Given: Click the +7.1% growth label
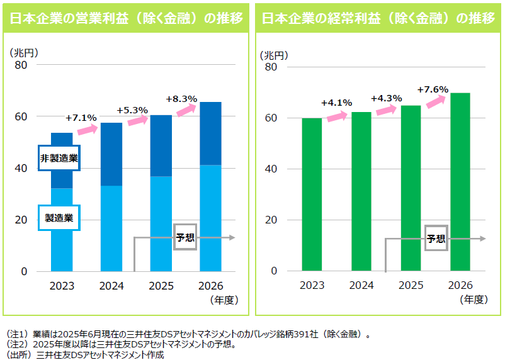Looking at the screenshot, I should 81,117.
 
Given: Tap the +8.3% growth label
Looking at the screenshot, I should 181,99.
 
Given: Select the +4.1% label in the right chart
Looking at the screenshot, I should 336,103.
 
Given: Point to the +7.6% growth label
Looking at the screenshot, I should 433,89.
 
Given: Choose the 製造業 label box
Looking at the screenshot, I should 59,218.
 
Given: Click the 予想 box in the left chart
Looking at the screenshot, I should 184,237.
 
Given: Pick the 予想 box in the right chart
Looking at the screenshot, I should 436,239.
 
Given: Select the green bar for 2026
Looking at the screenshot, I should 460,182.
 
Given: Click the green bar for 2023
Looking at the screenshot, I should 312,194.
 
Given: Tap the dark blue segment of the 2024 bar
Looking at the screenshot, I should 111,154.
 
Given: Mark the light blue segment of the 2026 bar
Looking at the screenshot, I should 210,218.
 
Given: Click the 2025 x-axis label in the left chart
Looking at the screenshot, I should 161,286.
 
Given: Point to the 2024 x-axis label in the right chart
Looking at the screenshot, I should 361,285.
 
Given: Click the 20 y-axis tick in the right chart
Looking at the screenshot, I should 272,220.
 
